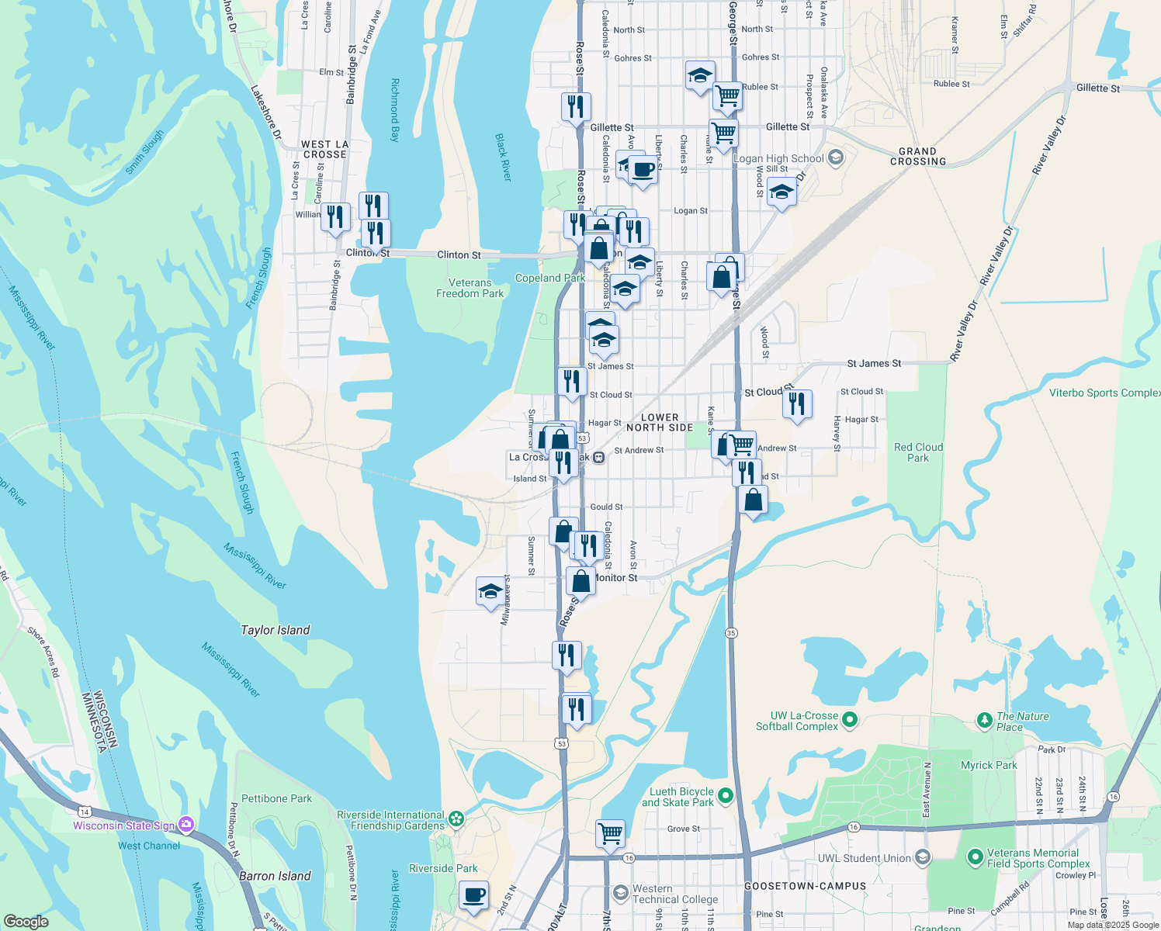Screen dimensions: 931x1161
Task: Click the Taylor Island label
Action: click(x=275, y=630)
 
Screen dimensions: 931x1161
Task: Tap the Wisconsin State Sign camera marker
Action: click(x=186, y=825)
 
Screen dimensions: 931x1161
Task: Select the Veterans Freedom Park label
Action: click(x=470, y=288)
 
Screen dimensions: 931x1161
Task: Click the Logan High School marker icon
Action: click(x=836, y=158)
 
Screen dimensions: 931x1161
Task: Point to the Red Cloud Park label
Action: click(x=918, y=452)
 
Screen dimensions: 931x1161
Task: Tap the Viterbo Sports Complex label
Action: click(x=1104, y=393)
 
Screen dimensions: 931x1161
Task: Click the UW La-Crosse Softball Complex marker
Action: click(x=850, y=720)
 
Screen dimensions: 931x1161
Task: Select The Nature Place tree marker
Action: click(x=985, y=721)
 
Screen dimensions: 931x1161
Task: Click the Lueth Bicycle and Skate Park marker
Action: click(x=726, y=796)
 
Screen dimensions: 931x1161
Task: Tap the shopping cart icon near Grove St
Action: click(x=610, y=833)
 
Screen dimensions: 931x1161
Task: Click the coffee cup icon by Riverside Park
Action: click(x=473, y=895)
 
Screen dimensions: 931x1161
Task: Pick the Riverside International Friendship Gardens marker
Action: click(x=456, y=819)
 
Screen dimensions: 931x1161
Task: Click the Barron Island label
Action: click(x=275, y=876)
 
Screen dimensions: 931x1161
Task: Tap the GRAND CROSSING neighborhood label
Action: click(x=917, y=157)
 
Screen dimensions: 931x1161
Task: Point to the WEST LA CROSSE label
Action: click(x=325, y=149)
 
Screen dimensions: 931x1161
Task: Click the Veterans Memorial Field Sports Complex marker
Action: click(x=976, y=857)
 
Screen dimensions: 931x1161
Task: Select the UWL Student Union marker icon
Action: click(x=922, y=857)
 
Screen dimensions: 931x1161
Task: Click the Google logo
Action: click(x=26, y=921)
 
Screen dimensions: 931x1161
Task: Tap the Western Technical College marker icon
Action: click(x=620, y=892)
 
